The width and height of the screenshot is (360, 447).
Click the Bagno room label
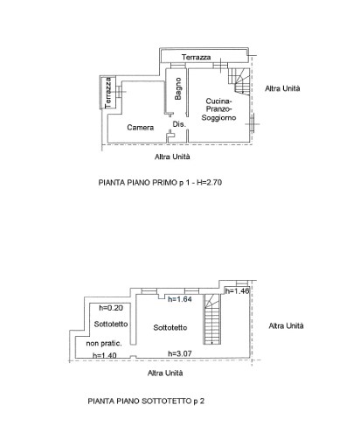(x=178, y=88)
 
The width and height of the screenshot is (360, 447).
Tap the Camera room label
(x=141, y=128)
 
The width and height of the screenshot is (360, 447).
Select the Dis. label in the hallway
(x=179, y=124)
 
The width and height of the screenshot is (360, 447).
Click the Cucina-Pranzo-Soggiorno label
(x=218, y=109)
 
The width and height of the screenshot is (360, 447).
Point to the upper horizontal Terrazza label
(x=196, y=57)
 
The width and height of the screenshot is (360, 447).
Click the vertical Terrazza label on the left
(x=108, y=93)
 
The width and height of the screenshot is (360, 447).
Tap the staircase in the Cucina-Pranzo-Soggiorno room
(x=239, y=81)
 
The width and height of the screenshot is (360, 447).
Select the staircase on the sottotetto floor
(x=212, y=319)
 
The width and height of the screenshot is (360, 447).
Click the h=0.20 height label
(x=111, y=308)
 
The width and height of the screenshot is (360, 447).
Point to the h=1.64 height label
(x=180, y=299)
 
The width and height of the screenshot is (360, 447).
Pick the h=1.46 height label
(x=237, y=290)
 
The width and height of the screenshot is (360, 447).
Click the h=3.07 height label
(x=180, y=353)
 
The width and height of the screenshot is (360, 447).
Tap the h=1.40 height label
(x=105, y=355)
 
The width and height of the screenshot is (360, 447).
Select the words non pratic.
(x=104, y=344)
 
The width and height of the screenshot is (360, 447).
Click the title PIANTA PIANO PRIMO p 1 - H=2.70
(x=160, y=183)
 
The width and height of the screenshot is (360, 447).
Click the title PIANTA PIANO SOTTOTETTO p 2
(x=146, y=402)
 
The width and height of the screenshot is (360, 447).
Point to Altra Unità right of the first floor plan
(x=282, y=88)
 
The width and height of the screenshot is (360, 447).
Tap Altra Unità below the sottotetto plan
(x=165, y=373)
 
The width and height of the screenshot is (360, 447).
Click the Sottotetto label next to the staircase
(x=170, y=328)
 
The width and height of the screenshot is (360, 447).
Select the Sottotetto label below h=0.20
(x=111, y=325)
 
